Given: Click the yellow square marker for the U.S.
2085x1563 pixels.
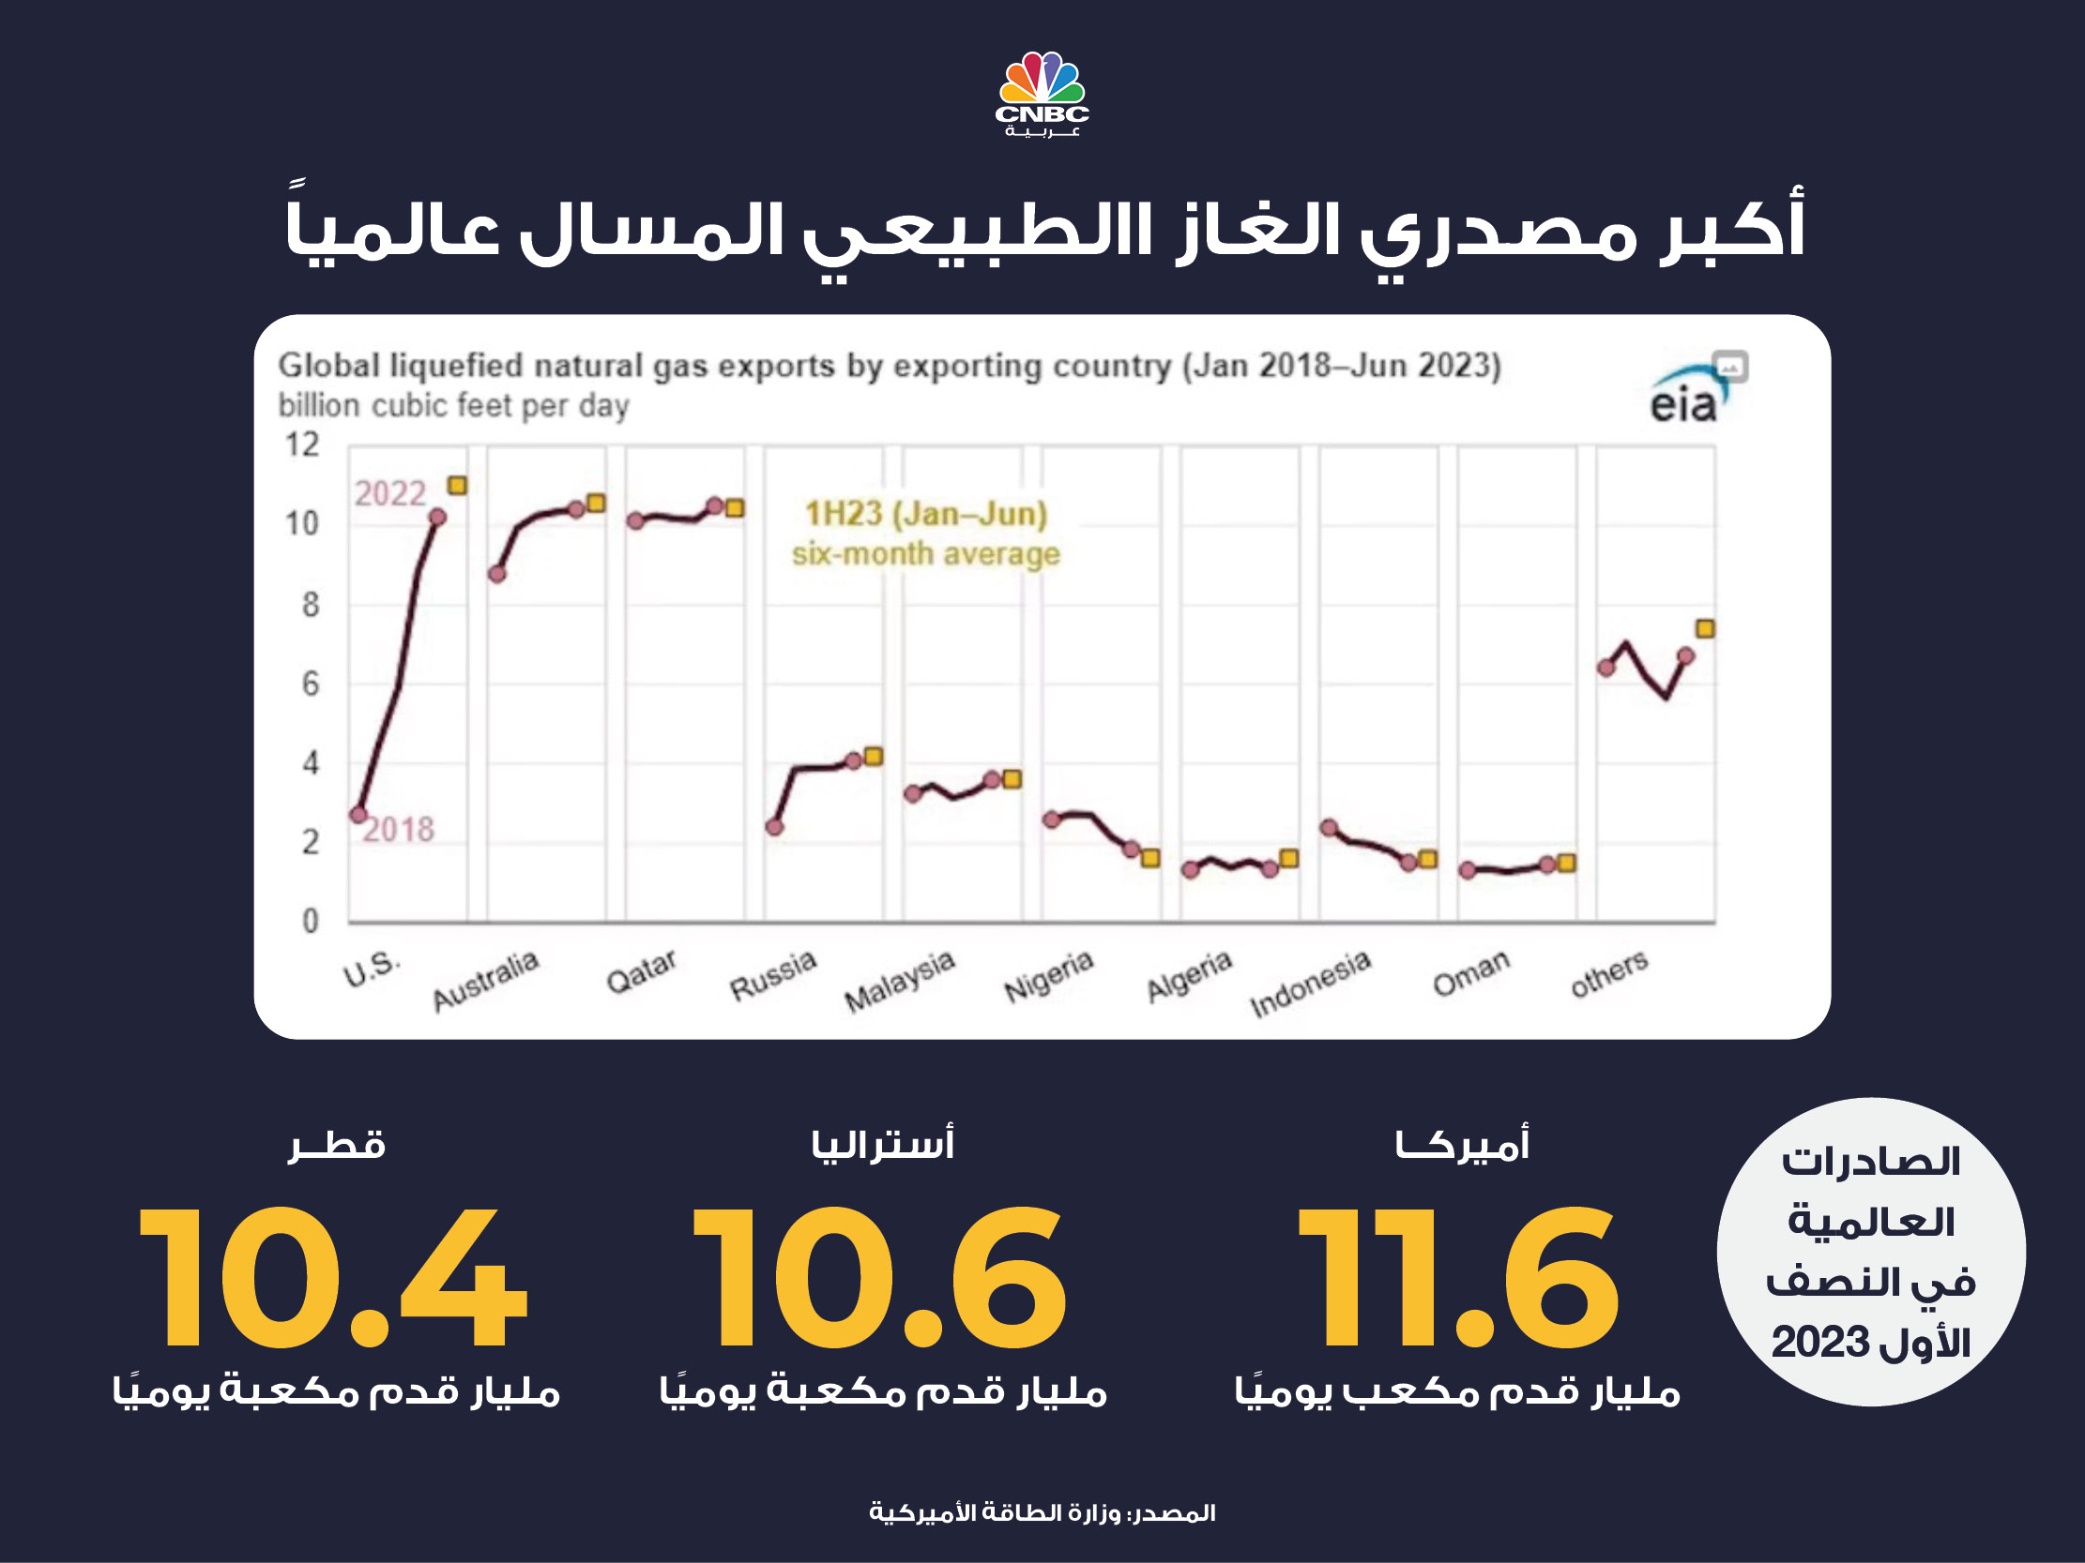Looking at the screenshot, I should (457, 485).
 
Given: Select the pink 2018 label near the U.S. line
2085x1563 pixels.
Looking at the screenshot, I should (399, 830).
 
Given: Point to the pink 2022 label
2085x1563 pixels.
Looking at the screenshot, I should (390, 494).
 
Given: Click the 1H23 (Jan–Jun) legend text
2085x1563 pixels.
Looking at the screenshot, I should (925, 515).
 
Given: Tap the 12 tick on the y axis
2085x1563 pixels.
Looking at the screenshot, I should (302, 444).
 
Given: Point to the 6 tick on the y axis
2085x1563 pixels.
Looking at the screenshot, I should (310, 684).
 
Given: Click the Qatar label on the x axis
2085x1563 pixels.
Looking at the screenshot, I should (642, 971).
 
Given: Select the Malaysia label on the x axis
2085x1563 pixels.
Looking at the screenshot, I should (900, 981).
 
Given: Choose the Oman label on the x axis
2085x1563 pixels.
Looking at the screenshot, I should (1471, 973).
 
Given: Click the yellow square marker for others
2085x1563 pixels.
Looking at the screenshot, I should (1705, 628).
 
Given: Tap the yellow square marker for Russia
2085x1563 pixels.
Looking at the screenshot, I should (874, 756).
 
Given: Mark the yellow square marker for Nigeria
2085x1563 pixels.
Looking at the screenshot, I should (1151, 858).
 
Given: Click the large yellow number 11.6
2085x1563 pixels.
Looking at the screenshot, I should (1458, 1278).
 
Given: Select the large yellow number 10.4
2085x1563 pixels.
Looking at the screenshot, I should (333, 1278).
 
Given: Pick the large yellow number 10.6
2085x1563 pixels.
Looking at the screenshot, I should (879, 1278).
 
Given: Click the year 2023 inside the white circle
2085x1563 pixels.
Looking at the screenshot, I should (1820, 1343).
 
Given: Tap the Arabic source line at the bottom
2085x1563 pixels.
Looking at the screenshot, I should (1042, 1513).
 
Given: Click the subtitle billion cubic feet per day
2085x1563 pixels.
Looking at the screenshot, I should (453, 406).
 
